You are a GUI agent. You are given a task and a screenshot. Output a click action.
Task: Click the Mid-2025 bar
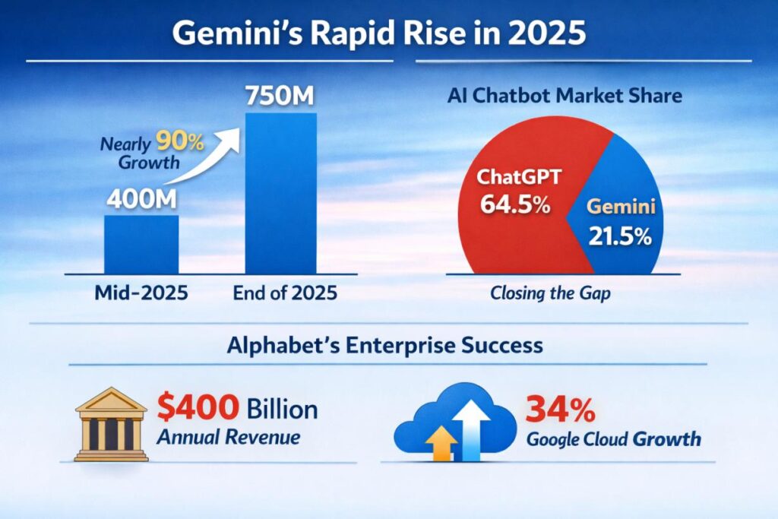click(141, 245)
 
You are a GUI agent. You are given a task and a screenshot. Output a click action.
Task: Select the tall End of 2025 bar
click(280, 194)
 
